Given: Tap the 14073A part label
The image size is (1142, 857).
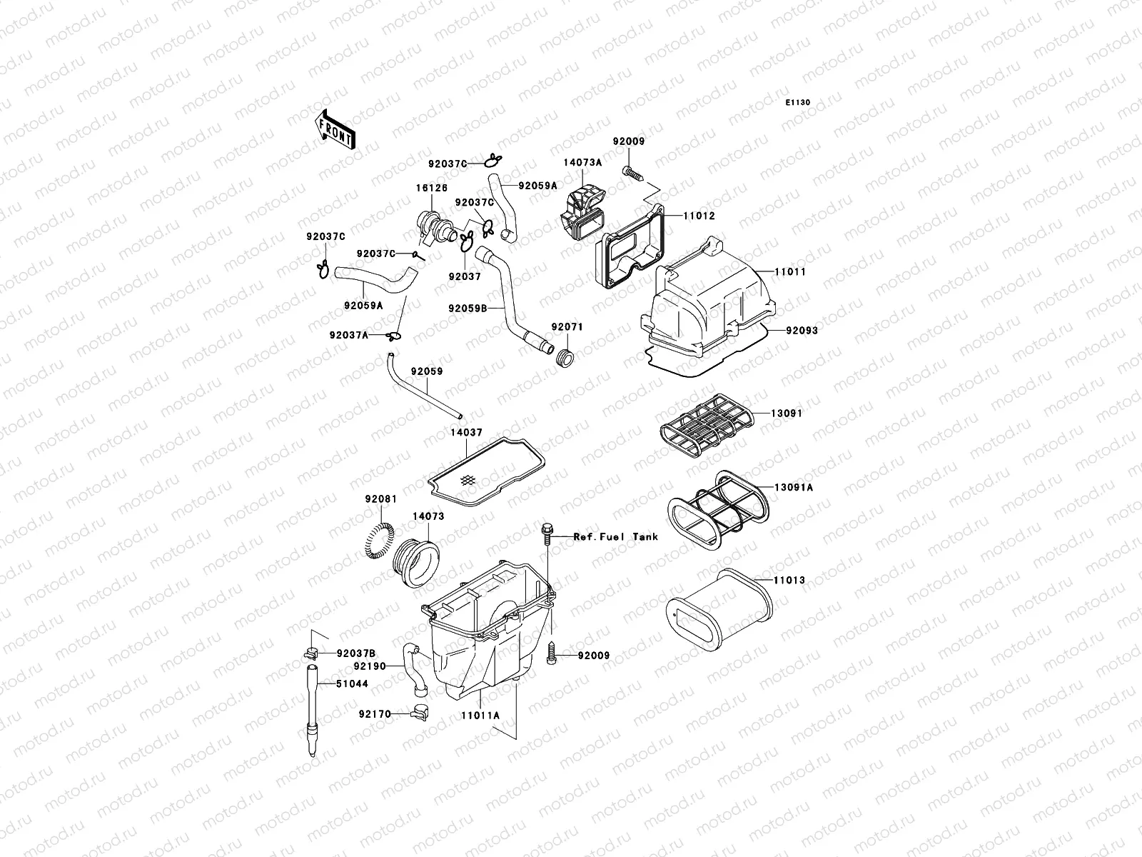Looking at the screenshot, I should [x=582, y=162].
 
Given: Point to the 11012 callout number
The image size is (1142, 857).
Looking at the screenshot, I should [x=699, y=216].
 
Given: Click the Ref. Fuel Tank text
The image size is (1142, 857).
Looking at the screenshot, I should [x=616, y=536].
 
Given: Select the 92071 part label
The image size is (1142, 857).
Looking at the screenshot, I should [x=567, y=327].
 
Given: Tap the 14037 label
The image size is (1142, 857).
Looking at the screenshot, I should [x=466, y=432].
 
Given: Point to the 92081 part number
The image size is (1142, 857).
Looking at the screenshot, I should [x=380, y=498].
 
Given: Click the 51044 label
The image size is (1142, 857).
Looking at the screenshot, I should [x=353, y=683].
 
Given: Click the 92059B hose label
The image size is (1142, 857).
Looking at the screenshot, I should [x=468, y=309].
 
